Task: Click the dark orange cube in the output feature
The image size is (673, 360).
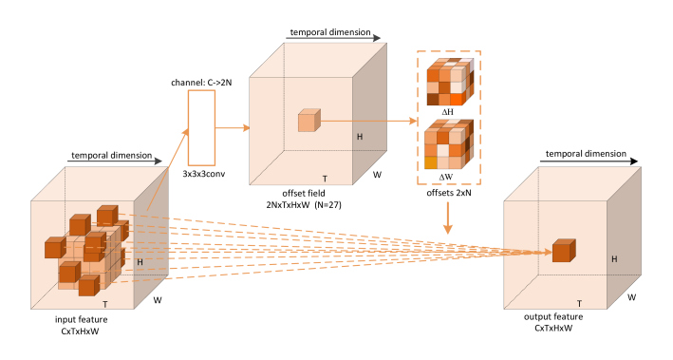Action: coord(564,252)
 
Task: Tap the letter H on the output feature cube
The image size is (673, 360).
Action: coord(614,258)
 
